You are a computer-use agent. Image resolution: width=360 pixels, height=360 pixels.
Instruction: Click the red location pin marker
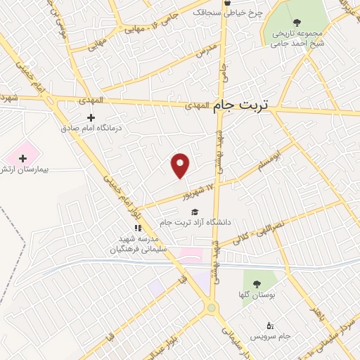(181, 165)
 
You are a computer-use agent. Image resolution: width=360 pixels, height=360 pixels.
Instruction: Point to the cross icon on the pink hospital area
(23, 159)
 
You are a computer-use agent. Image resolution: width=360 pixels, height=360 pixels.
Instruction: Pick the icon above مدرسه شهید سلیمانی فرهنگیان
(138, 228)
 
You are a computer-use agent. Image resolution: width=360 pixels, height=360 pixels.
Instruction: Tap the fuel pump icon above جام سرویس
(271, 325)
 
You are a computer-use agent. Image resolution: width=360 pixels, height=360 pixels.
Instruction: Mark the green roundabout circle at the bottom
(210, 308)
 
